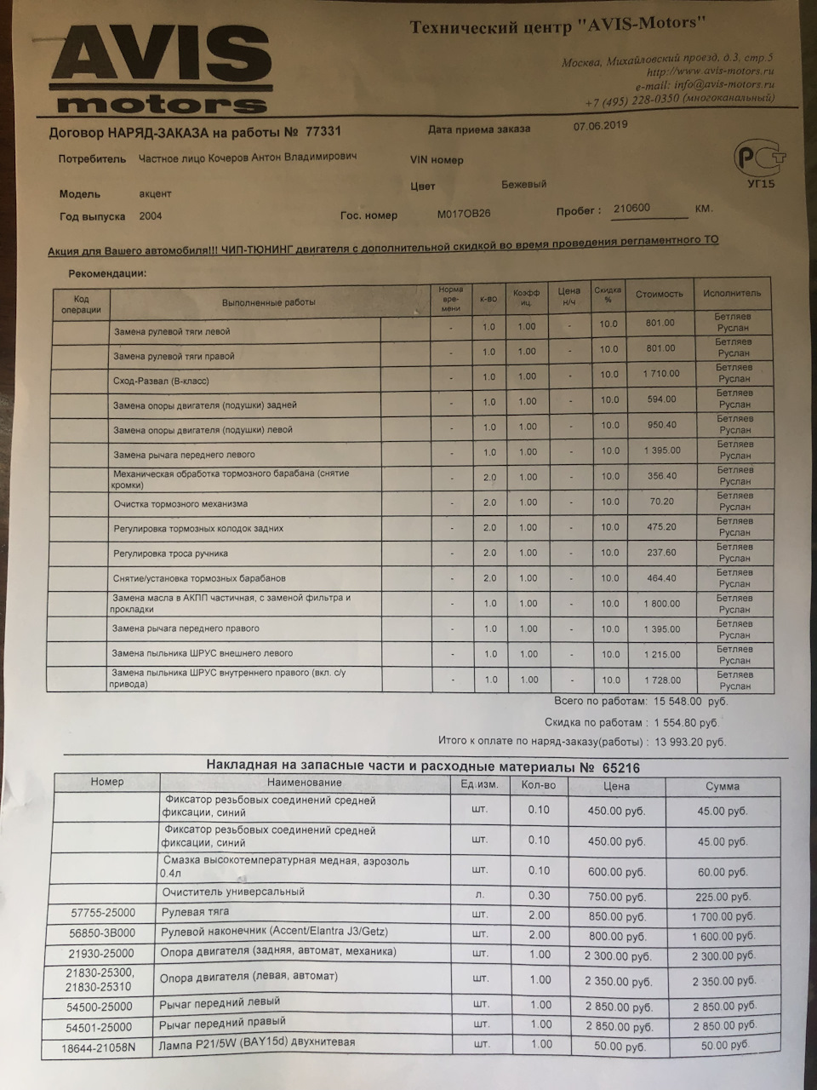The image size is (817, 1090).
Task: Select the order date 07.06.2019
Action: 601,125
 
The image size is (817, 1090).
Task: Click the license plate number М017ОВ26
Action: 465,215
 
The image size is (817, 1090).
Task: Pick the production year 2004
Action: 151,216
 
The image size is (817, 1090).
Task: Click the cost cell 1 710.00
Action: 661,374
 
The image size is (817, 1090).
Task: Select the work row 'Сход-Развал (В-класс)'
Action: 161,381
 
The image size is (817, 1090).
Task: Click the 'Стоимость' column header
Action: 659,294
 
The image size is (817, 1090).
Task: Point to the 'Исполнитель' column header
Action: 732,293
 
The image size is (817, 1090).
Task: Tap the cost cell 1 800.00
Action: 661,603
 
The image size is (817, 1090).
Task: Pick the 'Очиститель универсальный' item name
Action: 233,892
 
